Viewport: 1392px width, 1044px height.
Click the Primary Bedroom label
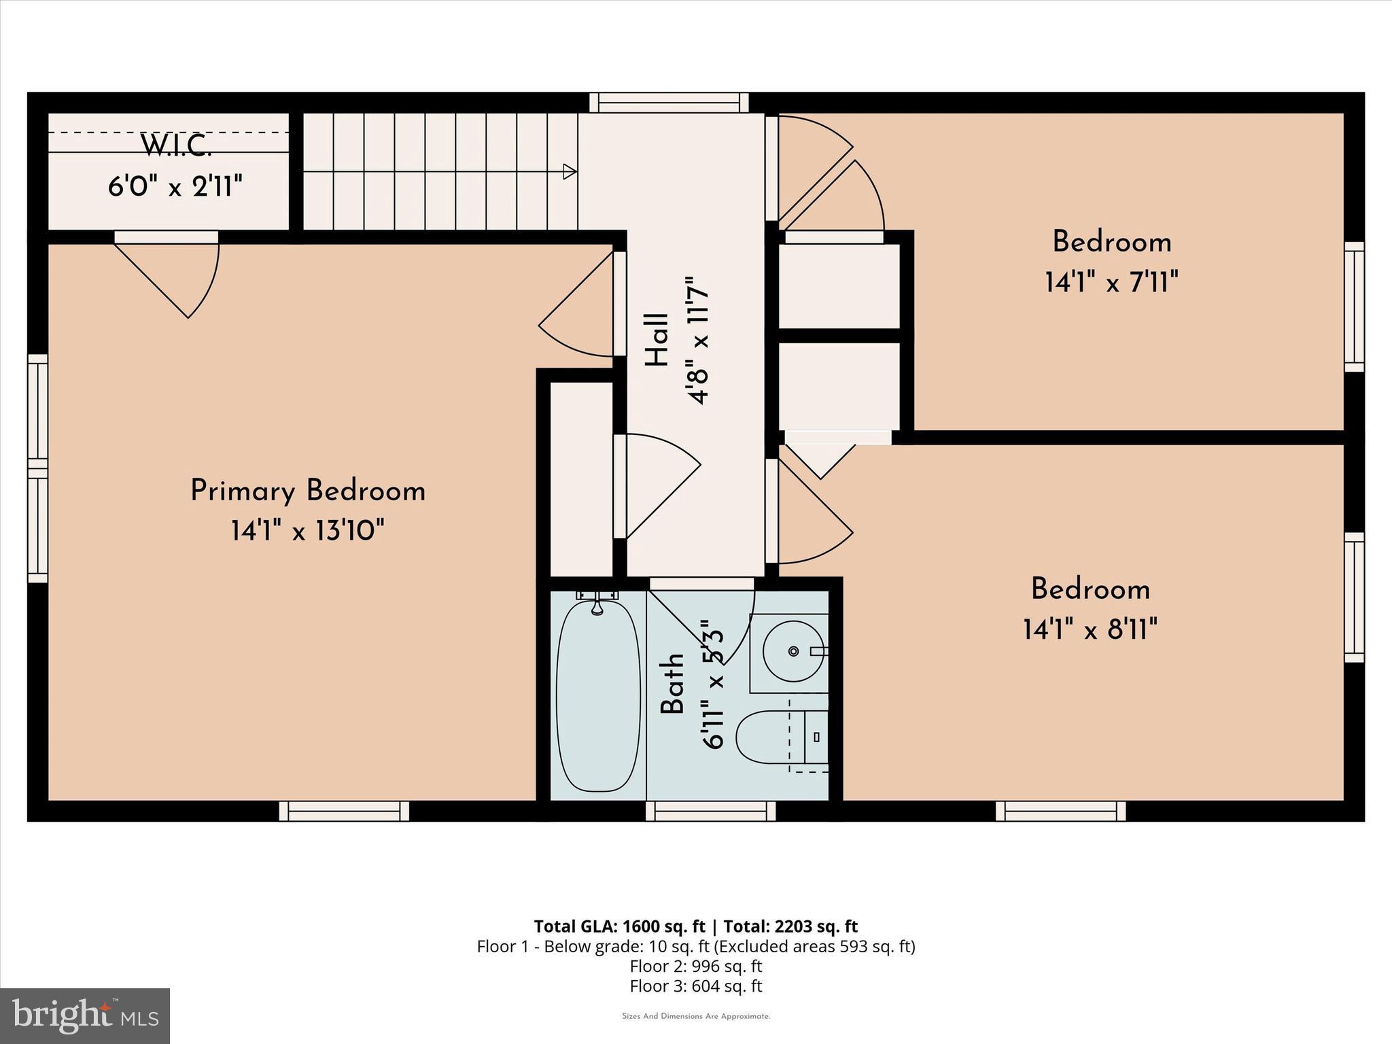pyautogui.click(x=307, y=491)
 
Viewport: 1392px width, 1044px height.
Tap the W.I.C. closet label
pyautogui.click(x=175, y=145)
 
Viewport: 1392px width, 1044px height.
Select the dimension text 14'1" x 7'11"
pyautogui.click(x=1111, y=281)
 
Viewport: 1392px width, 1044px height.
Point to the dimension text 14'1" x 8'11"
pyautogui.click(x=1090, y=629)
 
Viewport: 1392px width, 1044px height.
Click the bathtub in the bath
pyautogui.click(x=598, y=695)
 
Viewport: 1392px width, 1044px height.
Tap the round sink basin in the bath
pyautogui.click(x=793, y=651)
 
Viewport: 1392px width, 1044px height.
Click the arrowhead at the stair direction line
pyautogui.click(x=570, y=171)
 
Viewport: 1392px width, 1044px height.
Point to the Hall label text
pyautogui.click(x=657, y=340)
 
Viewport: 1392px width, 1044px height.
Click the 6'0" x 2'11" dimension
pyautogui.click(x=175, y=186)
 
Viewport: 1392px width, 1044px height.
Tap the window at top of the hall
pyautogui.click(x=669, y=103)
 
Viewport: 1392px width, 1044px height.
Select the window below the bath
pyautogui.click(x=710, y=811)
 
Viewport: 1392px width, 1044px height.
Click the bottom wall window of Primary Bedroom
pyautogui.click(x=344, y=811)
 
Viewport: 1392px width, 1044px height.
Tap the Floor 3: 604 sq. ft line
pyautogui.click(x=696, y=986)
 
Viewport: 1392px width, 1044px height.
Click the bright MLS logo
pyautogui.click(x=85, y=1015)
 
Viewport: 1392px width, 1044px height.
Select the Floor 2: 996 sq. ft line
pyautogui.click(x=696, y=966)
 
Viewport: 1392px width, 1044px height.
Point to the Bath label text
pyautogui.click(x=673, y=683)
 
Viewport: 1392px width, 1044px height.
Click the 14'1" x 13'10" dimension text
pyautogui.click(x=307, y=530)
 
